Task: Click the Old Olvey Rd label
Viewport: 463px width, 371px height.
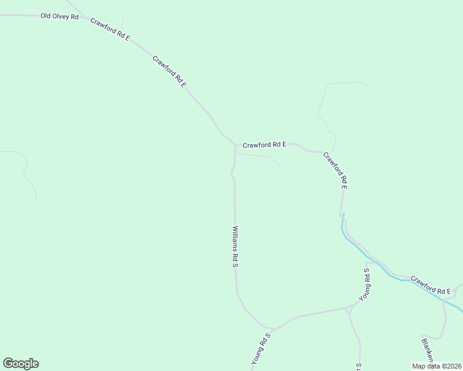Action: [59, 16]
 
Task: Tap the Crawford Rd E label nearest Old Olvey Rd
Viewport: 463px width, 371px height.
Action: [110, 29]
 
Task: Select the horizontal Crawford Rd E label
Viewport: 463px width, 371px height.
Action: [264, 145]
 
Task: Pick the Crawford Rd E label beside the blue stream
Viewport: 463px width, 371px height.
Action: [430, 285]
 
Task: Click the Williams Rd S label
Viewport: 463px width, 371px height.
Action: [235, 246]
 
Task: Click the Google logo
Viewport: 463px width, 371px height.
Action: [20, 364]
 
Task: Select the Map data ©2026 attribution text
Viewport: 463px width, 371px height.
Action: [436, 366]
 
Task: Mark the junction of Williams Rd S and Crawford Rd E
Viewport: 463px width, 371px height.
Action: [235, 147]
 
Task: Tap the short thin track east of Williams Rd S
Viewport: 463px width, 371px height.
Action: [260, 156]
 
